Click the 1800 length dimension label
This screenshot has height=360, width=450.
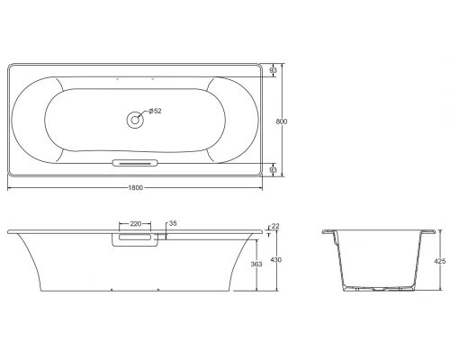[135, 187]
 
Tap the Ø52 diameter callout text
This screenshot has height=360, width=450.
[154, 112]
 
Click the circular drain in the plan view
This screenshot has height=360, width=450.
[135, 116]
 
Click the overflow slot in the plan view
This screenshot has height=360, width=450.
[135, 163]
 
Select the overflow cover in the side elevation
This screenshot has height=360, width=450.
[135, 239]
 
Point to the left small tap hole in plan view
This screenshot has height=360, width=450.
[118, 79]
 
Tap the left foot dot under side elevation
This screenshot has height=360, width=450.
[110, 291]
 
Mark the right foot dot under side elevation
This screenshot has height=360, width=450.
[158, 291]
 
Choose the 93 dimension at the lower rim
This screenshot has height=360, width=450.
[273, 168]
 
